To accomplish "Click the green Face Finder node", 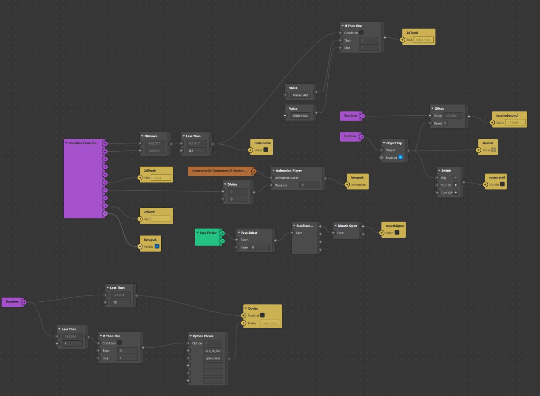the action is click(x=208, y=236).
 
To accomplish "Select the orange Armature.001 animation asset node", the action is click(x=220, y=171).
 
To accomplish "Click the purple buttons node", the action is click(x=350, y=136).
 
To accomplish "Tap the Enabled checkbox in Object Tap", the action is click(x=400, y=157).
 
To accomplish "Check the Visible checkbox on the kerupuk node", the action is click(x=157, y=247).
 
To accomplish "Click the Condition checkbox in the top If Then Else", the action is click(x=361, y=33).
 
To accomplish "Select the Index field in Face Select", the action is click(x=260, y=247).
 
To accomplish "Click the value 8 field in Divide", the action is click(x=238, y=199).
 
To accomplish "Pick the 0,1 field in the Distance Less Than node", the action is click(x=197, y=151).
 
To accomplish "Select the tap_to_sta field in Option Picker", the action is click(x=213, y=351).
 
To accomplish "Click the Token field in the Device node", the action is click(x=270, y=323).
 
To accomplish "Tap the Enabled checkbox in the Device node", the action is click(x=262, y=315).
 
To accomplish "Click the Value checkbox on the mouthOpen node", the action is click(x=397, y=233).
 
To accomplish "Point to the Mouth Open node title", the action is click(x=348, y=226).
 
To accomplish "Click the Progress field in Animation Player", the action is click(x=309, y=186).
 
